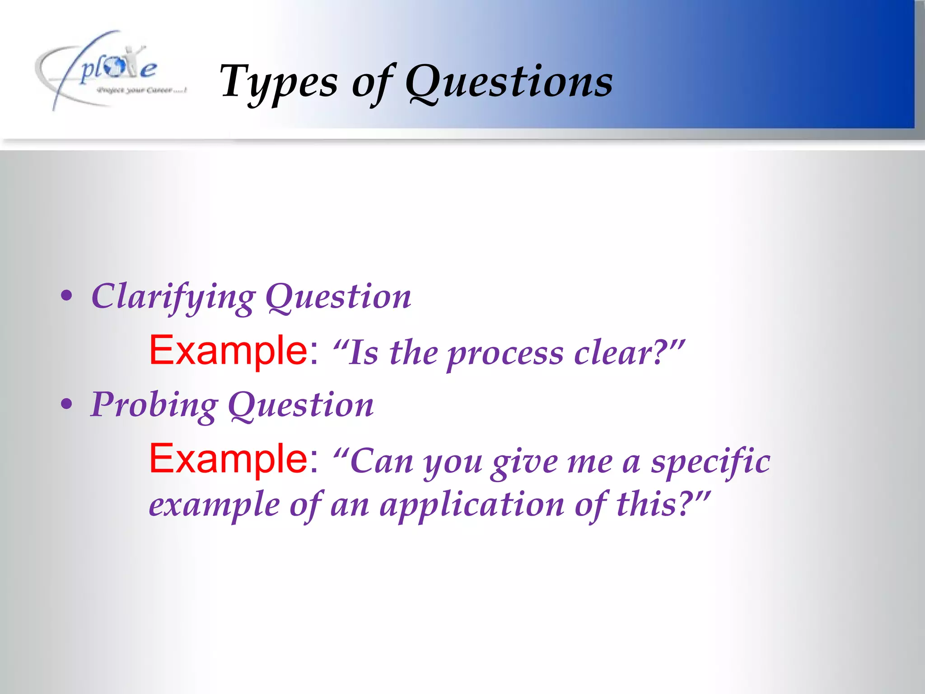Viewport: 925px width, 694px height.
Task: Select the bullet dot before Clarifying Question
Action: click(x=66, y=296)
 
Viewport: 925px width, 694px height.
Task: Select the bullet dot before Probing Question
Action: click(x=66, y=404)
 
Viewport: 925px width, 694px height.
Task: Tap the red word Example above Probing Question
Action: click(x=229, y=351)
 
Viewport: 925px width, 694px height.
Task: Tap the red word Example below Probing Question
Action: click(x=229, y=459)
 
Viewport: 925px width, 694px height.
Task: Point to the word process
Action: click(x=505, y=354)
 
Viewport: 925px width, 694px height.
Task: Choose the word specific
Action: click(x=710, y=462)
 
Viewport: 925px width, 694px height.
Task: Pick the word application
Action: click(x=472, y=505)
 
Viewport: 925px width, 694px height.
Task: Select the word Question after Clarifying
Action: click(x=338, y=297)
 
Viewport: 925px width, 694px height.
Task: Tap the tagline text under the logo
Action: click(x=141, y=90)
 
